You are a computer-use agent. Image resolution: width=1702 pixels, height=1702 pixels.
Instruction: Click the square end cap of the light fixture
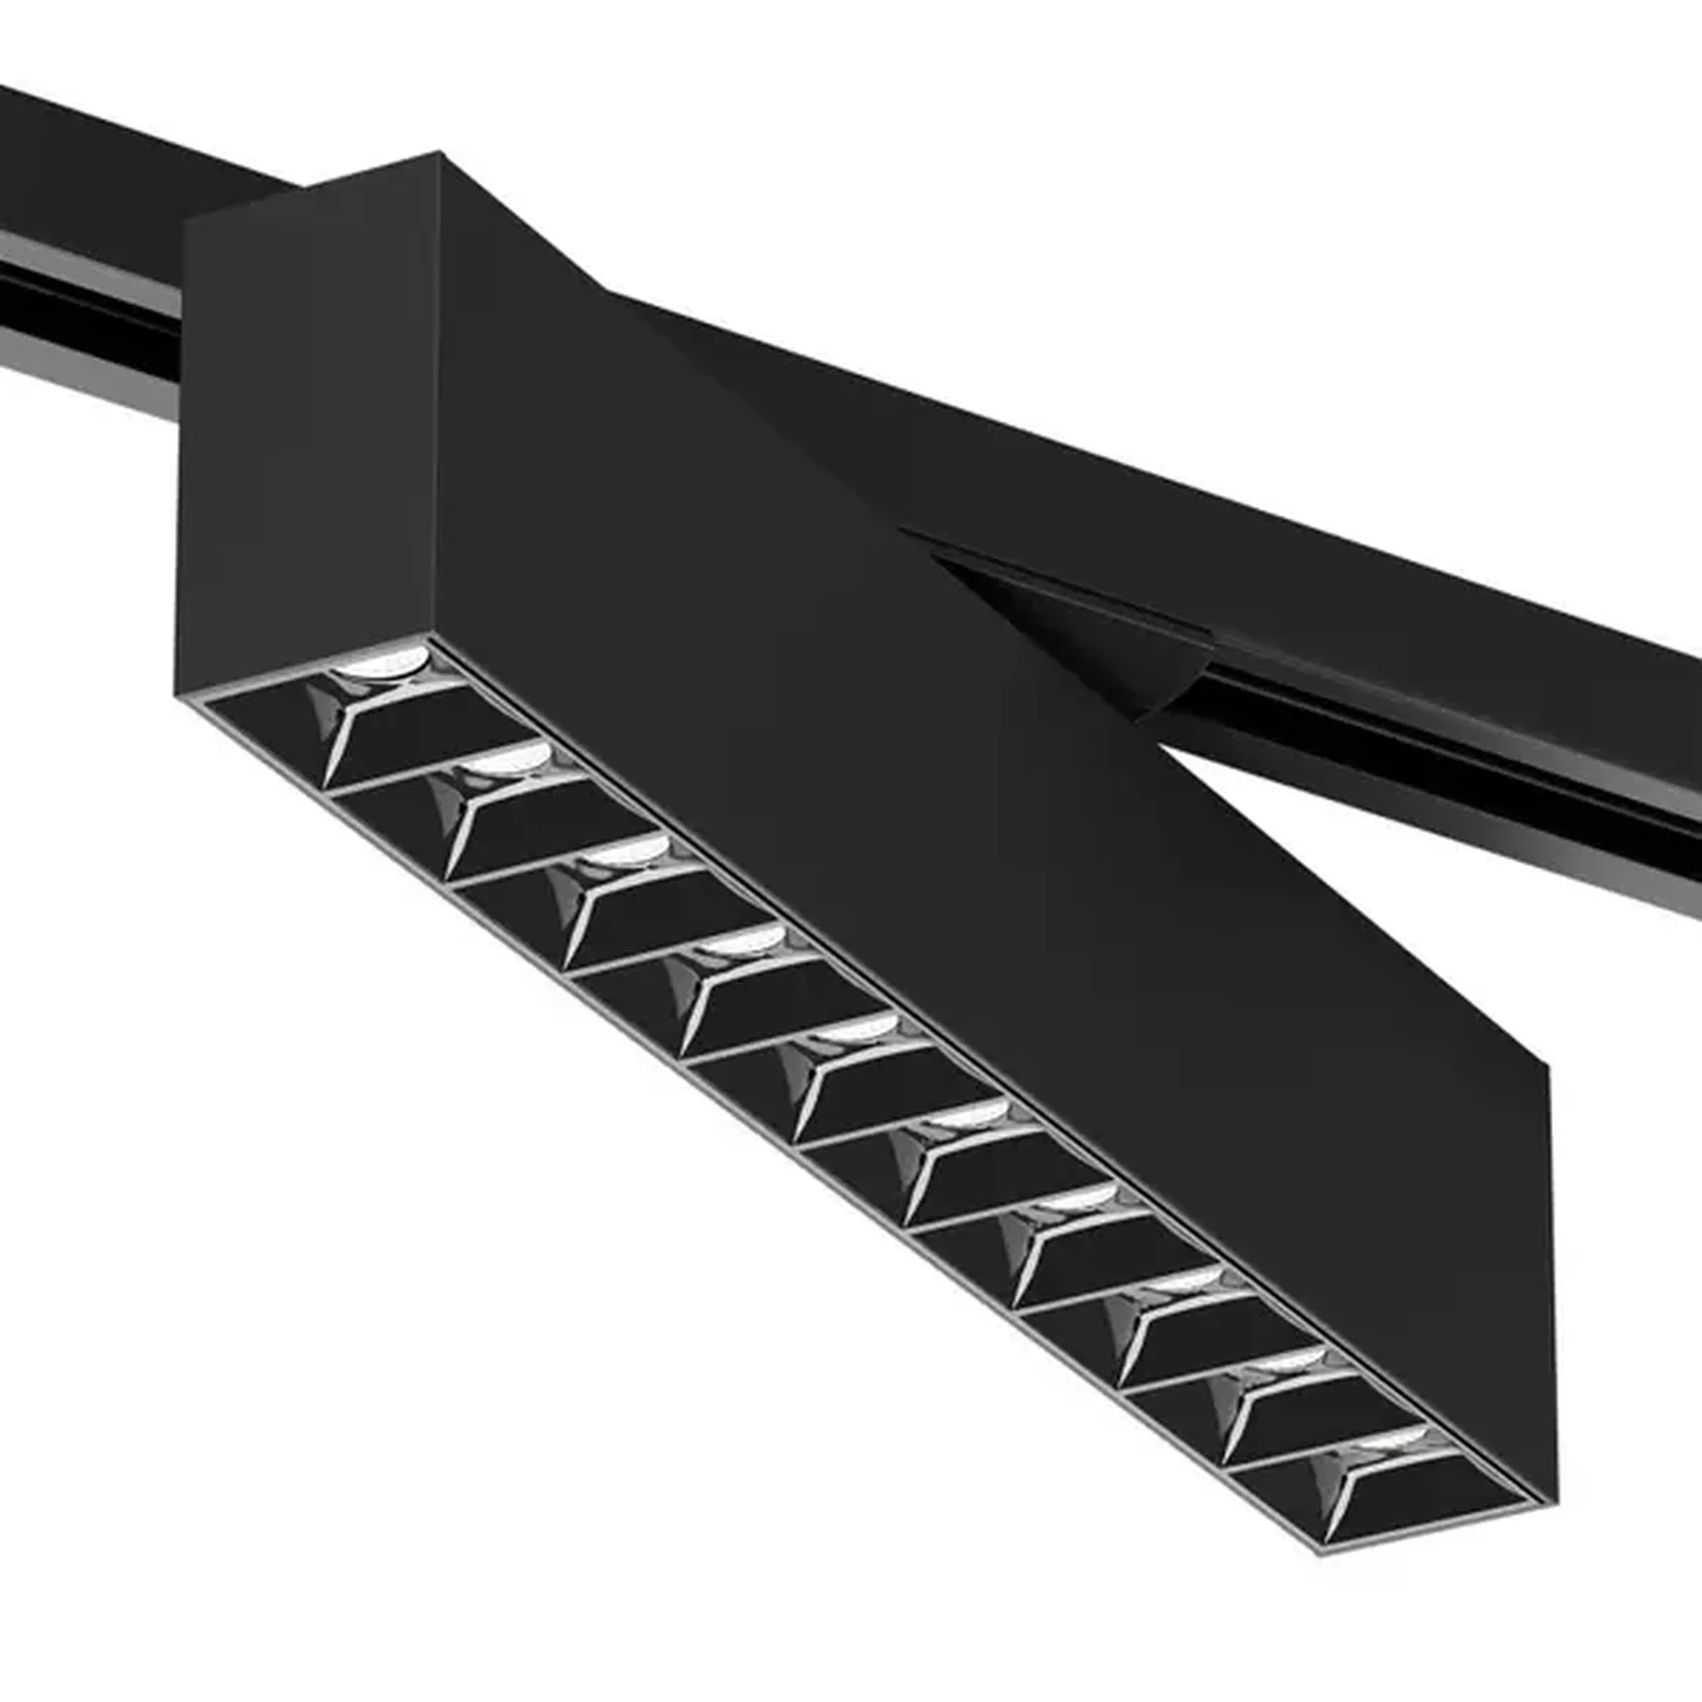tap(307, 435)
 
